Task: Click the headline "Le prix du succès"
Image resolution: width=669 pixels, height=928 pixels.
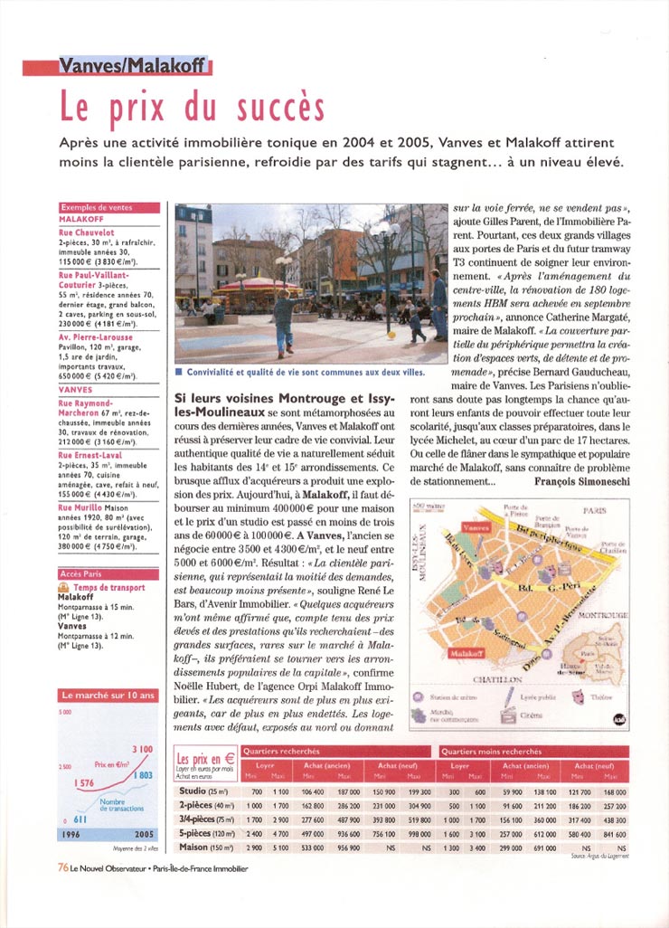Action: pyautogui.click(x=192, y=108)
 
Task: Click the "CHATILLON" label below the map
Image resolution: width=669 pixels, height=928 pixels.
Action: pyautogui.click(x=497, y=678)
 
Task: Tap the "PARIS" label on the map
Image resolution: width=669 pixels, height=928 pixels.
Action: pyautogui.click(x=595, y=511)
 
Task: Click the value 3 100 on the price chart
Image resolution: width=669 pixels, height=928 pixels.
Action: pyautogui.click(x=142, y=750)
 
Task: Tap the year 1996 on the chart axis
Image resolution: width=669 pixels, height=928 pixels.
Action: pyautogui.click(x=73, y=834)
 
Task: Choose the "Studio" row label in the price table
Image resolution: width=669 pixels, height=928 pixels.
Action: pyautogui.click(x=197, y=791)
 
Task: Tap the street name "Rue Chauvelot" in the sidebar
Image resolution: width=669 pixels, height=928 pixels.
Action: pyautogui.click(x=87, y=233)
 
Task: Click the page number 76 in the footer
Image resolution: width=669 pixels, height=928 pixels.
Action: pyautogui.click(x=63, y=866)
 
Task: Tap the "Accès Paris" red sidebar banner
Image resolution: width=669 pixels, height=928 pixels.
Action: pyautogui.click(x=81, y=574)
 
